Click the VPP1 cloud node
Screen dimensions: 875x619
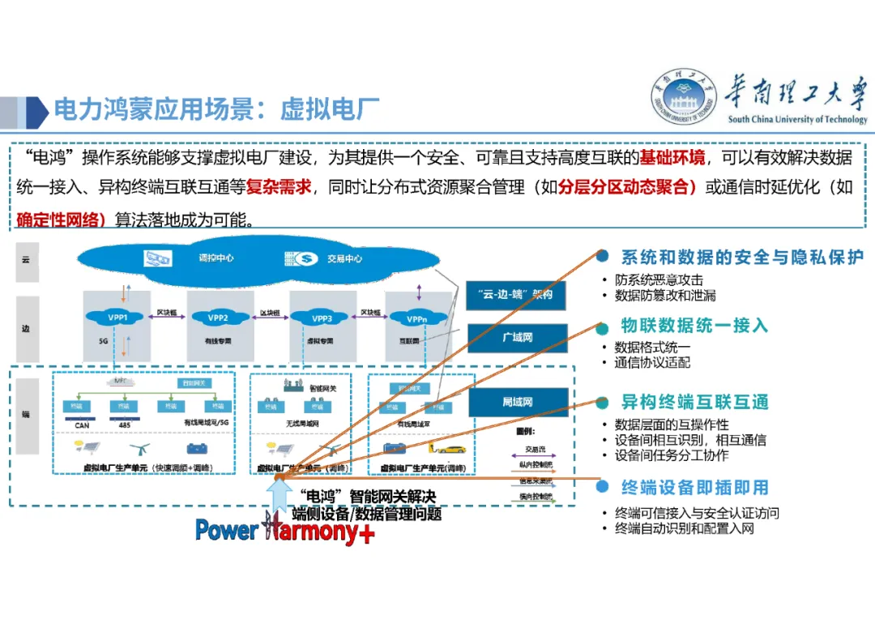point(118,318)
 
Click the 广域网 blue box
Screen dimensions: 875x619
point(516,337)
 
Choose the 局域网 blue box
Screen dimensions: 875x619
point(516,402)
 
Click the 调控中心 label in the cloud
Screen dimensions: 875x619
point(216,258)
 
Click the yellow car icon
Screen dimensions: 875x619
point(449,446)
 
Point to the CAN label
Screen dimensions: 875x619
point(82,424)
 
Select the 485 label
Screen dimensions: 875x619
point(124,424)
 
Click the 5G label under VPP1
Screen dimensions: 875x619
point(103,341)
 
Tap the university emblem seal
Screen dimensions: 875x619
point(685,98)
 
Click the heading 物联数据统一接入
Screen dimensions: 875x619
point(694,326)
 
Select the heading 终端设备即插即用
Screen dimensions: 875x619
point(694,488)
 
